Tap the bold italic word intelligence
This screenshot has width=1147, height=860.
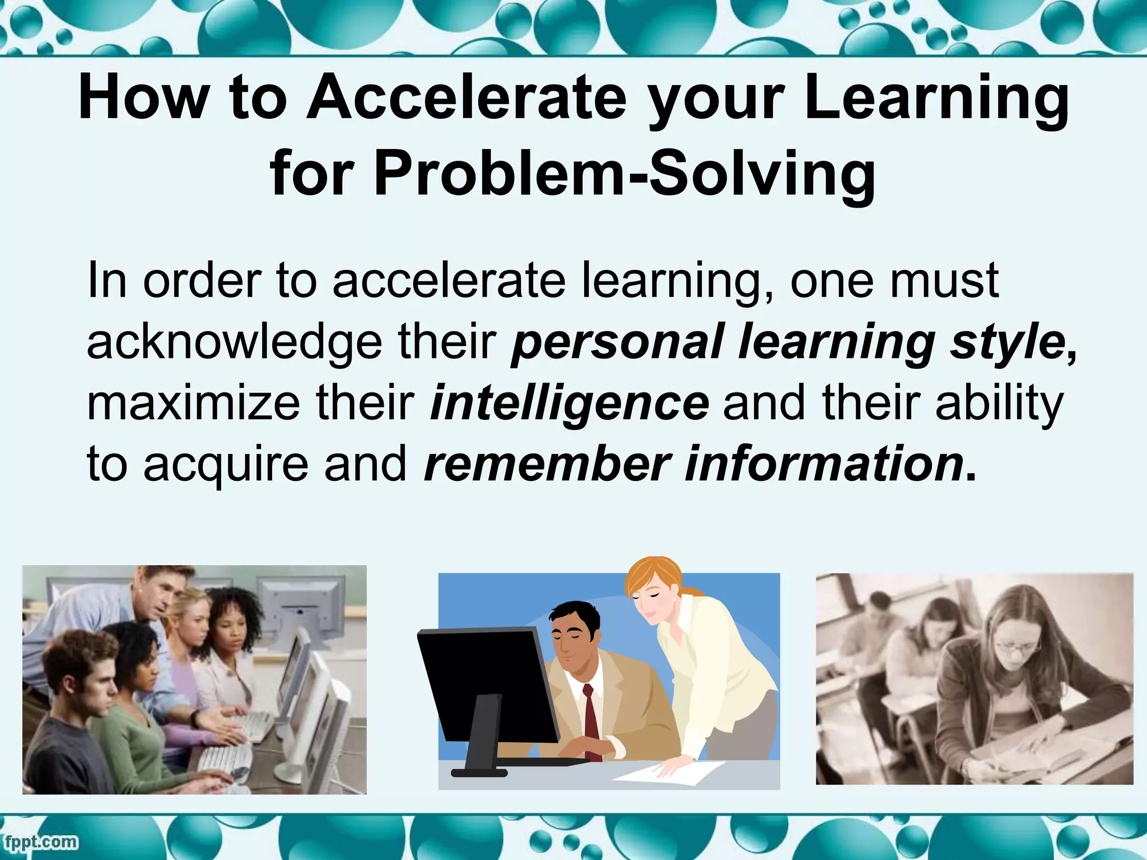pos(569,403)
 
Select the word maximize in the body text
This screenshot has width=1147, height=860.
pos(194,403)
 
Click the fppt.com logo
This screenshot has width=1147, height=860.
pos(40,842)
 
